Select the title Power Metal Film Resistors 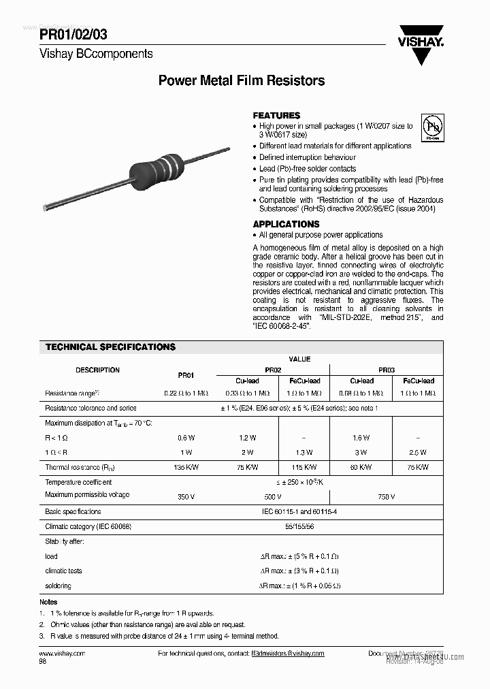coord(241,80)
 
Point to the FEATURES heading coord(276,116)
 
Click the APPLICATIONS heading coord(286,224)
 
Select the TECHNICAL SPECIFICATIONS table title coord(110,347)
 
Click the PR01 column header coord(186,375)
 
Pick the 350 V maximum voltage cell coord(186,497)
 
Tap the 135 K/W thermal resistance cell coord(186,468)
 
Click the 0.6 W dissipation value coord(186,438)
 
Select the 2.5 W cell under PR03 coord(418,453)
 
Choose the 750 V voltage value coord(386,497)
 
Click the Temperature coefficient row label coord(78,482)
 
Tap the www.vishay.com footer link coord(62,653)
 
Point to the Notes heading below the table coord(48,602)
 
